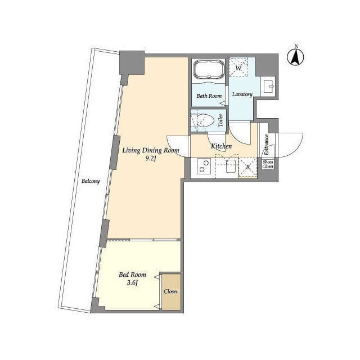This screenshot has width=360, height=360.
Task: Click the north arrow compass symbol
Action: click(295, 57)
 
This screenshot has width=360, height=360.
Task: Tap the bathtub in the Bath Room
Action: click(209, 69)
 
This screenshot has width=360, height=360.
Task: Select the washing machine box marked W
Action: click(238, 67)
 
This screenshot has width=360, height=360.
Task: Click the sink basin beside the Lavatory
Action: click(269, 86)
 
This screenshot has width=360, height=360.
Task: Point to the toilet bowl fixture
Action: click(202, 120)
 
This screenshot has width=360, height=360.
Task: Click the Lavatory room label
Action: click(242, 94)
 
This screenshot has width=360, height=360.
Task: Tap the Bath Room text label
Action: click(209, 96)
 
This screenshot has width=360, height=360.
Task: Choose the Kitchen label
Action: click(221, 146)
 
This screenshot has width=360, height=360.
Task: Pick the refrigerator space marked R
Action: click(247, 168)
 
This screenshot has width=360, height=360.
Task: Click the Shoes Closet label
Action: click(268, 164)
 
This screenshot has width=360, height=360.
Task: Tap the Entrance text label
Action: click(266, 145)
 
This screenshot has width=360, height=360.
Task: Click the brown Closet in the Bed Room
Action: click(171, 291)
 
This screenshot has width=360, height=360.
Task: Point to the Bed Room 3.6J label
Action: click(132, 278)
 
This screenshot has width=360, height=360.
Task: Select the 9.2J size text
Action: click(151, 159)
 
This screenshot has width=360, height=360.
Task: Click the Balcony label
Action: click(91, 181)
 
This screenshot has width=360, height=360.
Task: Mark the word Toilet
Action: click(221, 120)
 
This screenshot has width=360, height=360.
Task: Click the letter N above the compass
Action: click(296, 46)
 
